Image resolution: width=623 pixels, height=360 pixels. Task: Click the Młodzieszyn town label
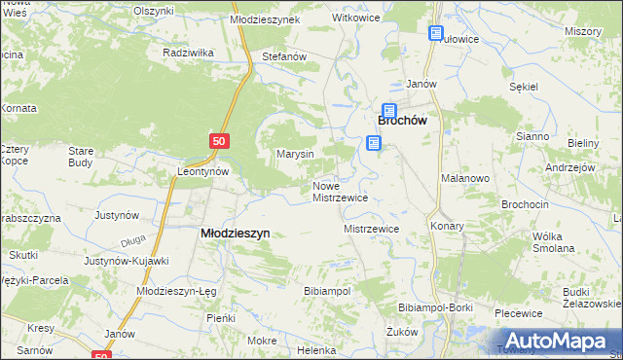(x=235, y=234)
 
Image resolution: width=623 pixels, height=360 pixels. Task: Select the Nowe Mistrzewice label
(x=339, y=192)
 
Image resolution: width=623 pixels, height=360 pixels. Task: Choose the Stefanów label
(x=285, y=57)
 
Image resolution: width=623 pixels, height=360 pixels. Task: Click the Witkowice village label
(x=355, y=18)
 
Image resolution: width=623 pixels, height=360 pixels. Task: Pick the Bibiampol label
(x=327, y=291)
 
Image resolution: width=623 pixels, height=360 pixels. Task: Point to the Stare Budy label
(x=80, y=157)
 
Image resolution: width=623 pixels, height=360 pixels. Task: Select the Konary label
(x=447, y=226)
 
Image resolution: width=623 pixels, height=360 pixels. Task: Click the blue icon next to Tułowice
(x=435, y=34)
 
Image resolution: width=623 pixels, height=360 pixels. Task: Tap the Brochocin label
(x=525, y=205)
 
